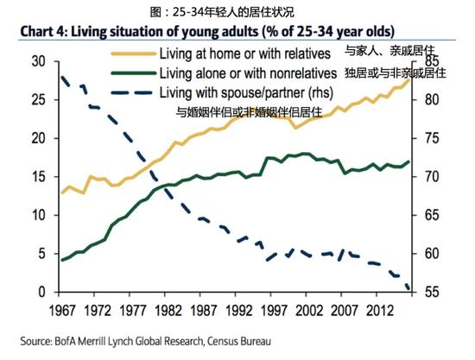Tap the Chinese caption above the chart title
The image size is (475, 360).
click(x=222, y=12)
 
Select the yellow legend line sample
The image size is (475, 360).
click(x=133, y=54)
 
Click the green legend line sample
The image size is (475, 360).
click(x=133, y=73)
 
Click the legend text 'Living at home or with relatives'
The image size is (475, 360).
click(x=244, y=54)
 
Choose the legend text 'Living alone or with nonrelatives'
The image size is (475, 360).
click(x=248, y=73)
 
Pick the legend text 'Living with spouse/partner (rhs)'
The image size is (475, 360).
click(x=246, y=92)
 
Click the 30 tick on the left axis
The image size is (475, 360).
click(x=38, y=61)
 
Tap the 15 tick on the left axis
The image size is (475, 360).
click(x=38, y=177)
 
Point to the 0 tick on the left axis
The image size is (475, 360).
click(x=41, y=292)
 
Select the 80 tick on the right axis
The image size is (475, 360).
click(x=432, y=100)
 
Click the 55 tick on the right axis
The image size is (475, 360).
click(x=432, y=292)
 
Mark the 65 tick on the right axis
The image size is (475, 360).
click(x=432, y=215)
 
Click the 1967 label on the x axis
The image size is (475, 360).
click(x=62, y=310)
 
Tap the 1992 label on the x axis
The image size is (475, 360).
click(x=238, y=310)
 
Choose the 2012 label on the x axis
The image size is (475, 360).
click(x=380, y=310)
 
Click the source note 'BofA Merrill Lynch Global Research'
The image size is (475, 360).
click(x=128, y=341)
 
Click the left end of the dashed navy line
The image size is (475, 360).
click(x=62, y=77)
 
